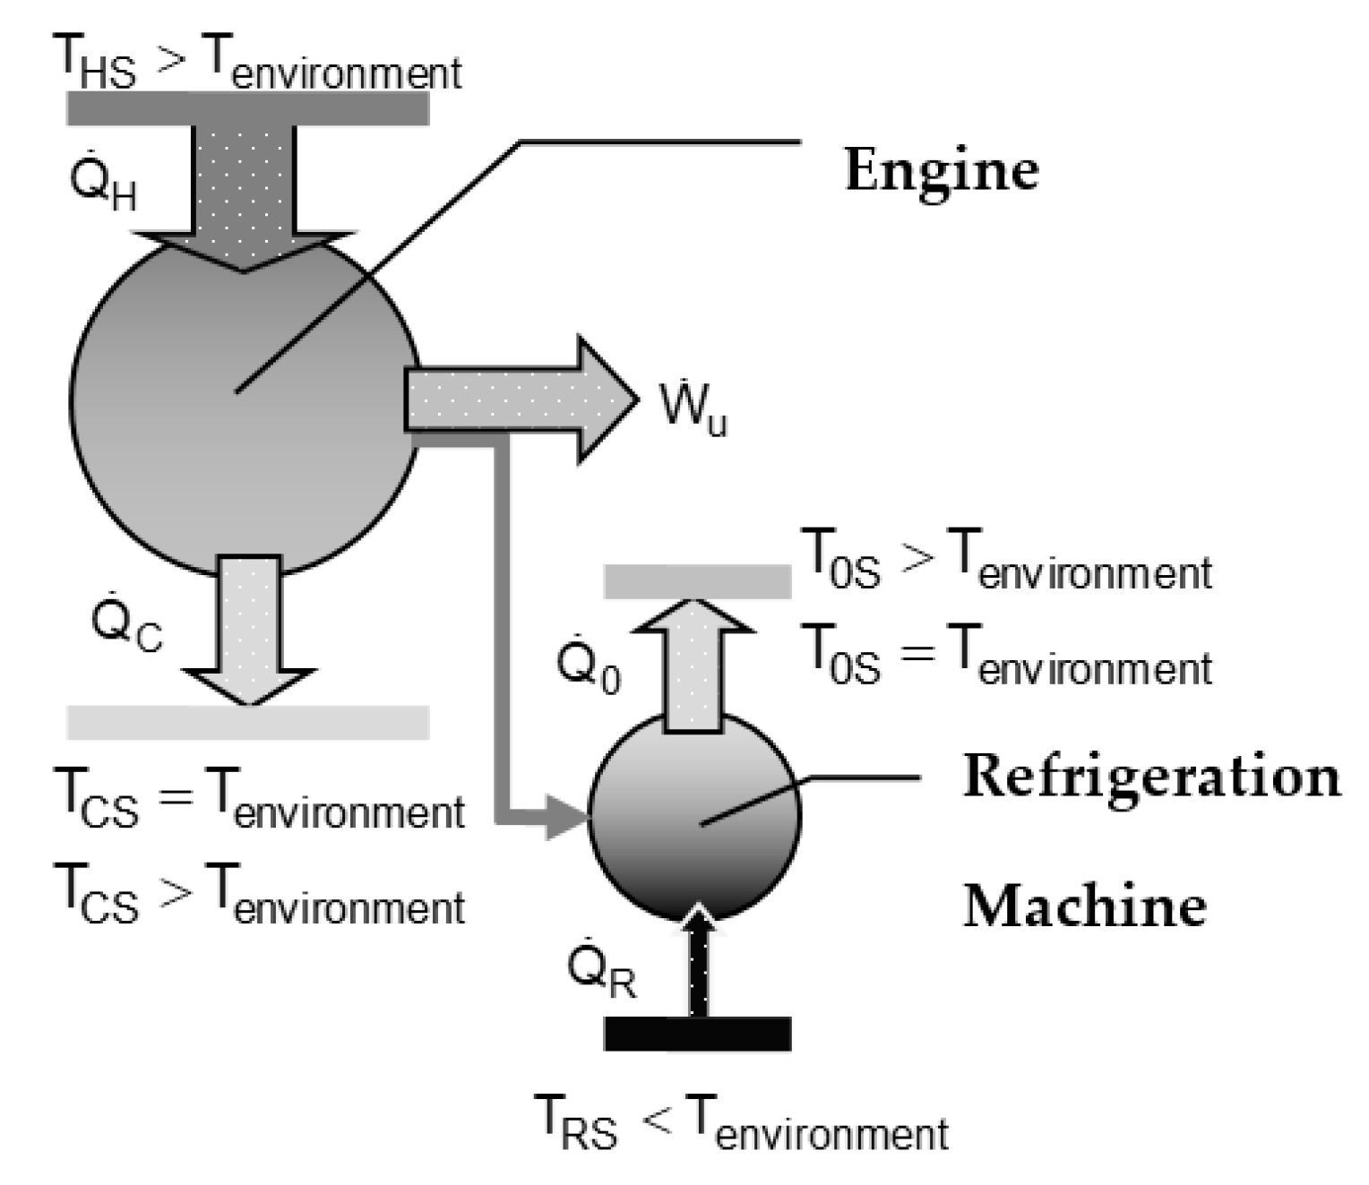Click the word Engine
[941, 170]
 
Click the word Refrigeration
[1150, 777]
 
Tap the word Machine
[1084, 906]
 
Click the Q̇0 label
[587, 667]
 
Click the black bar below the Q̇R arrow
[697, 1034]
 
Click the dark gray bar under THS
[247, 108]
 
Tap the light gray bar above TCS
[247, 722]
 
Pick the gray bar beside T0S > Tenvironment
[697, 581]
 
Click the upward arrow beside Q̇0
[697, 663]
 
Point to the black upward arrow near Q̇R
[699, 963]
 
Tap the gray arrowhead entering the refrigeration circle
[564, 818]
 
